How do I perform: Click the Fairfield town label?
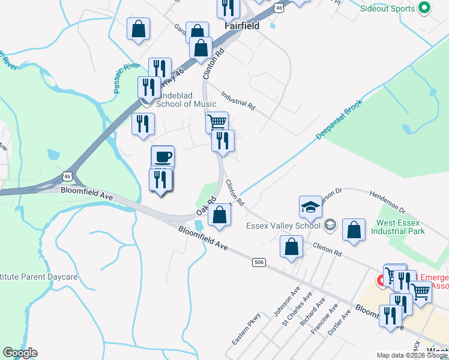click(x=242, y=26)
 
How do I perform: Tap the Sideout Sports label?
click(x=387, y=8)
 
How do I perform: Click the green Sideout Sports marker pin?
click(x=424, y=8)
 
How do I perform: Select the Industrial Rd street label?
click(x=238, y=100)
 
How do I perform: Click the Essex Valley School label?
click(x=283, y=226)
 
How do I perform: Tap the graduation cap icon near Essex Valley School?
click(x=310, y=206)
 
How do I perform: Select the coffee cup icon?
click(x=163, y=157)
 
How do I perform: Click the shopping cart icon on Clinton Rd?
click(x=217, y=122)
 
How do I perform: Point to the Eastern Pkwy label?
click(x=246, y=329)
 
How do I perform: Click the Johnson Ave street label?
click(x=286, y=302)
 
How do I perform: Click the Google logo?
click(x=20, y=353)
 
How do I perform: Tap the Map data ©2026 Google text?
click(x=412, y=355)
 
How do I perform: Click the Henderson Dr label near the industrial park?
click(x=388, y=202)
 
